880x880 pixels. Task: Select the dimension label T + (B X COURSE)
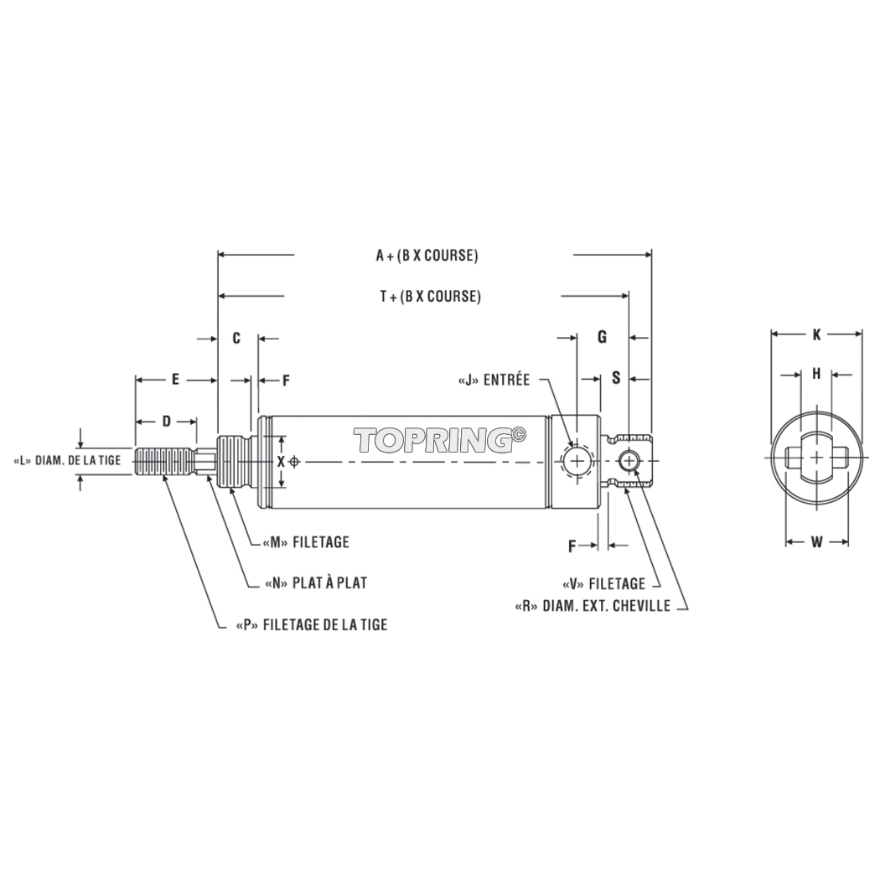coord(430,297)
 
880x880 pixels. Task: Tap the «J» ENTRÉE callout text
coord(494,380)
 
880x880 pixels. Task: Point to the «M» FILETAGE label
coord(300,542)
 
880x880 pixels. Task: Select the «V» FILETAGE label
coord(603,583)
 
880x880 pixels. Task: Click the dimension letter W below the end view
coord(816,542)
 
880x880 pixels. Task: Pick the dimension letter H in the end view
coord(816,374)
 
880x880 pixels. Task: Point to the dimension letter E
coord(175,380)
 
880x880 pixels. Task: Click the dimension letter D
coord(166,420)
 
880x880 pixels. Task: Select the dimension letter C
coord(236,338)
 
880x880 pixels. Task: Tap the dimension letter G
coord(602,337)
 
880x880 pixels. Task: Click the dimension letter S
coord(615,378)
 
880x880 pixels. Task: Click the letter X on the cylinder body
coord(282,462)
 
